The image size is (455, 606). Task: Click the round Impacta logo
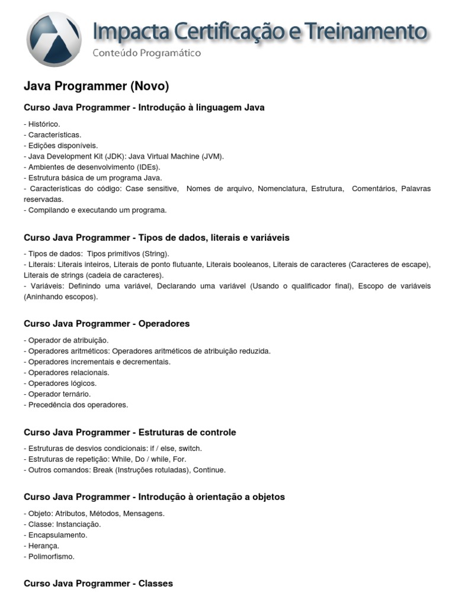(54, 39)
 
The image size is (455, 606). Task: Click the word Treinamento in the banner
(370, 31)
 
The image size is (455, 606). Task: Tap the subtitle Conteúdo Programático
(146, 53)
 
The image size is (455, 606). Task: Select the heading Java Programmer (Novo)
(96, 86)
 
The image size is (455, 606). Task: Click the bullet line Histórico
(42, 124)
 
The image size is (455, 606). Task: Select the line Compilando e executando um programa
(95, 210)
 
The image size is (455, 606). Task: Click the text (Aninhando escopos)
(61, 296)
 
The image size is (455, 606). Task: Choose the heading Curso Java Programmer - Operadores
(107, 324)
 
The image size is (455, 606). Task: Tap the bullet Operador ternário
(57, 394)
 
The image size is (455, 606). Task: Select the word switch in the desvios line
(190, 449)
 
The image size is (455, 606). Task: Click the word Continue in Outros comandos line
(209, 470)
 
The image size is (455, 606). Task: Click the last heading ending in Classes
(98, 584)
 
